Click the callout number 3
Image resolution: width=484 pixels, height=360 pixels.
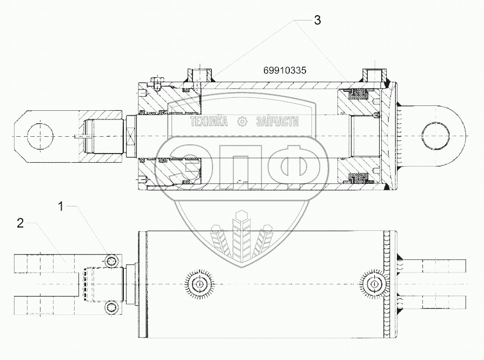pos(317,21)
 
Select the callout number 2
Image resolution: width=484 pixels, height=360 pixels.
pos(20,224)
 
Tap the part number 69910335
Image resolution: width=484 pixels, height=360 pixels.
pos(285,70)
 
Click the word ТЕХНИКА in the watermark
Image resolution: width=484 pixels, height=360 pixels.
pos(208,122)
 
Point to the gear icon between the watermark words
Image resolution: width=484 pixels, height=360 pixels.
pos(243,122)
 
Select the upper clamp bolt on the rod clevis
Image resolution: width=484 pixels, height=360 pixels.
pos(111,261)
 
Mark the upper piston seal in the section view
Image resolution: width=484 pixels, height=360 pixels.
pos(357,95)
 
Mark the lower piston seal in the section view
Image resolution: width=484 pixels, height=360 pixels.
pos(357,178)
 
